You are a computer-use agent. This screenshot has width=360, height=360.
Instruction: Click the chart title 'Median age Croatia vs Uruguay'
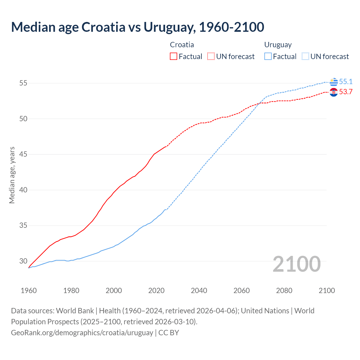point(138,27)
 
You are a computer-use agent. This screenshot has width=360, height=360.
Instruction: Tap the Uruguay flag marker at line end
point(334,82)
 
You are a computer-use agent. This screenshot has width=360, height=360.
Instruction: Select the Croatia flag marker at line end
point(334,92)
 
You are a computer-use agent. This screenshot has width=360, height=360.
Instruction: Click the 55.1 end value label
point(346,82)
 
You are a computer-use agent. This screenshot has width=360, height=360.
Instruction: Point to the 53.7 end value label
point(346,92)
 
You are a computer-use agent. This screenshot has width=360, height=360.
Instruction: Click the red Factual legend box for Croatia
point(174,57)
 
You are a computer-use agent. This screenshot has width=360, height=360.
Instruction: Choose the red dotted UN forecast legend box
point(211,57)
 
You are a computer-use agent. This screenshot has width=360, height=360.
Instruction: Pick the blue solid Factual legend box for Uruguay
point(268,57)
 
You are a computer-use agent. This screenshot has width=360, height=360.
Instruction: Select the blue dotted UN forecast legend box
point(305,57)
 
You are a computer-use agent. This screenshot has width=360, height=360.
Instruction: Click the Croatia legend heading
point(182,45)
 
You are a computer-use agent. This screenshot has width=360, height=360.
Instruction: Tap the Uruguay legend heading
point(278,45)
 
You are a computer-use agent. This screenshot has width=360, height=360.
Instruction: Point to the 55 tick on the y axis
point(23,83)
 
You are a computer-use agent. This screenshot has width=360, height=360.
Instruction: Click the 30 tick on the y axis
point(23,261)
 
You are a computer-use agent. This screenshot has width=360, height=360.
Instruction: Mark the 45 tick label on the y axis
point(23,154)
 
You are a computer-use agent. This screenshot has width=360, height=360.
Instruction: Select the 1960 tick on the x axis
point(29,291)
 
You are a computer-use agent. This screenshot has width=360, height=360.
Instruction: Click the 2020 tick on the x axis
point(156,291)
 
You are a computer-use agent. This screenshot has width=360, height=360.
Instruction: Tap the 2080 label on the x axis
point(284,291)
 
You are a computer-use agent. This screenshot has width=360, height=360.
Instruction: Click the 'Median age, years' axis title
point(12,175)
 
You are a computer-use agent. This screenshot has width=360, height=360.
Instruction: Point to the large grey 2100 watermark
point(297,264)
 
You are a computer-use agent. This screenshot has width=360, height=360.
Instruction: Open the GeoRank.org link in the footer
point(82,333)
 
